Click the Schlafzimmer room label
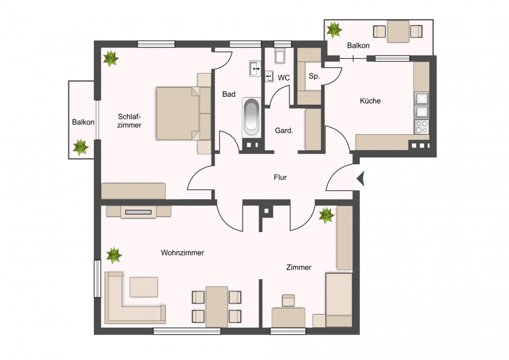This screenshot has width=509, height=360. [x=129, y=121]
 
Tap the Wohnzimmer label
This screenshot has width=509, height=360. [x=183, y=252]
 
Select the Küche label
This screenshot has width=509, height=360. [x=370, y=101]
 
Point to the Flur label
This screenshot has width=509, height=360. [x=280, y=177]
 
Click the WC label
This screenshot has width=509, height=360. [x=284, y=78]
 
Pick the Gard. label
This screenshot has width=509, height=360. [x=284, y=131]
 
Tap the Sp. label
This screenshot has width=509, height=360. [x=314, y=76]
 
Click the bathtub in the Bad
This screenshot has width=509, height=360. [x=252, y=117]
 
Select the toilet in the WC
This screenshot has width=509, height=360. [x=279, y=56]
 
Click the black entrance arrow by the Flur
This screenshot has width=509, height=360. [x=361, y=178]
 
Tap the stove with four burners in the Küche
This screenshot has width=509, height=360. [x=422, y=127]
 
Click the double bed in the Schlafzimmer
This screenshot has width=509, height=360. [x=183, y=113]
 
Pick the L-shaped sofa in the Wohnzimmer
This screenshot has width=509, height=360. [x=135, y=298]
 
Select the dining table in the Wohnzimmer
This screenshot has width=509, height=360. [x=217, y=307]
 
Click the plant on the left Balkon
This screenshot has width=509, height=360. [x=80, y=147]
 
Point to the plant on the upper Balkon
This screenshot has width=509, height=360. [x=334, y=30]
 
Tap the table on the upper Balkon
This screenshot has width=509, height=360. [x=398, y=32]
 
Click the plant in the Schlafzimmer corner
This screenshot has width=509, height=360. [x=111, y=58]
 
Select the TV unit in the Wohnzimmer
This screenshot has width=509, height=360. [x=139, y=212]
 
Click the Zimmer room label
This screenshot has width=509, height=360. [x=299, y=267]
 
